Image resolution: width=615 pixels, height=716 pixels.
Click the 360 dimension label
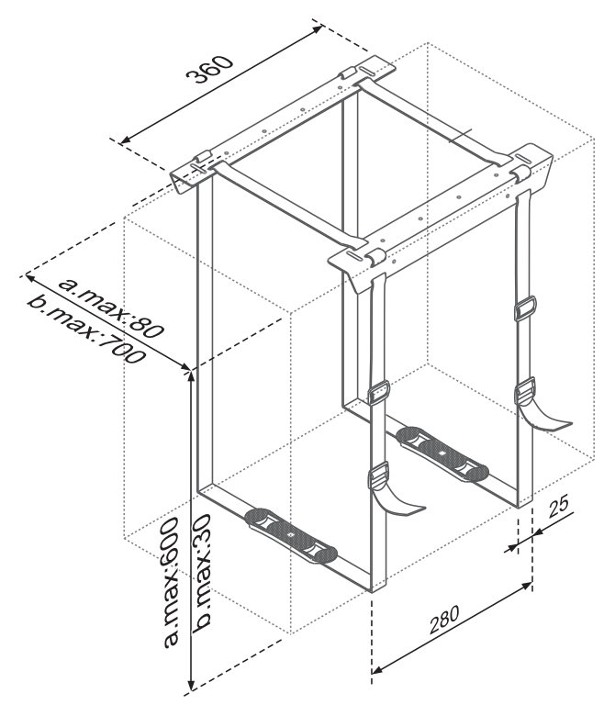pyautogui.click(x=210, y=70)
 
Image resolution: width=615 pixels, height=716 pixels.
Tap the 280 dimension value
pyautogui.click(x=443, y=620)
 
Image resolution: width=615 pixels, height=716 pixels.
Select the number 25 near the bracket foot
pyautogui.click(x=558, y=507)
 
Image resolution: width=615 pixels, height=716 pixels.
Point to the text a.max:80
pyautogui.click(x=110, y=308)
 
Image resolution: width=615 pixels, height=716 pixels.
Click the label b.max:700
pyautogui.click(x=86, y=330)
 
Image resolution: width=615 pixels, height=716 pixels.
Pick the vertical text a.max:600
pyautogui.click(x=171, y=583)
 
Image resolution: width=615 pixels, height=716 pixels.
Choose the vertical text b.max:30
pyautogui.click(x=201, y=574)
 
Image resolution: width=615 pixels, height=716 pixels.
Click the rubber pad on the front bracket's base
pyautogui.click(x=291, y=535)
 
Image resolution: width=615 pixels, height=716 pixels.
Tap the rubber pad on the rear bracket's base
pyautogui.click(x=442, y=453)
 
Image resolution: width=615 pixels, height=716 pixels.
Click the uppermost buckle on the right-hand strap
pyautogui.click(x=525, y=308)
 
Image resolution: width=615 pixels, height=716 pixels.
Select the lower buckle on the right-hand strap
pyautogui.click(x=525, y=390)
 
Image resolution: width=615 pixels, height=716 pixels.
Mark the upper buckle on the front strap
pyautogui.click(x=378, y=393)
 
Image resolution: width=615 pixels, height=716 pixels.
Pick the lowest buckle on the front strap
pyautogui.click(x=378, y=475)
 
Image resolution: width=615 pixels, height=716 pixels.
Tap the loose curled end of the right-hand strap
pyautogui.click(x=544, y=418)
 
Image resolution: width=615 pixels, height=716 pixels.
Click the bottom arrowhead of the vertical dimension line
pyautogui.click(x=192, y=684)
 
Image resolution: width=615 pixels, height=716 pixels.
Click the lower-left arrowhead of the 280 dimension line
pyautogui.click(x=377, y=670)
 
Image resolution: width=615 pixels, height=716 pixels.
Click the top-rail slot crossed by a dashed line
pyautogui.click(x=199, y=169)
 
